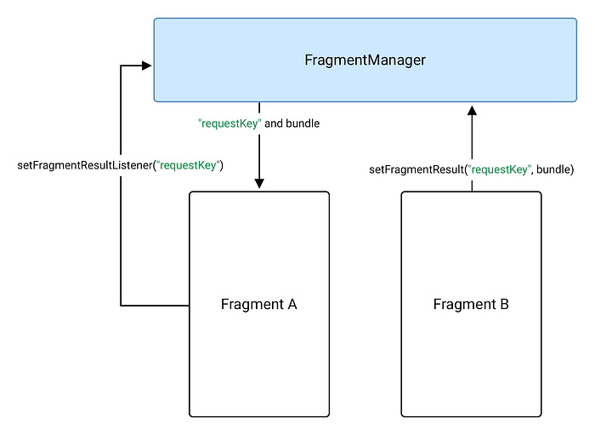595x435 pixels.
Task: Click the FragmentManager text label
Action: click(x=365, y=60)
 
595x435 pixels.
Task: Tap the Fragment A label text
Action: click(x=258, y=304)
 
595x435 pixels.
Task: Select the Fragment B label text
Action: click(x=471, y=304)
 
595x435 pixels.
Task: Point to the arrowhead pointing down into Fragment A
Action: click(x=259, y=183)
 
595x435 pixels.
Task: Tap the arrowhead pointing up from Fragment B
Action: click(x=472, y=110)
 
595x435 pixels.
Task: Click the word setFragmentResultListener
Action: click(x=84, y=164)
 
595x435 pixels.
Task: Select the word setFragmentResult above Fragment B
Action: click(x=416, y=169)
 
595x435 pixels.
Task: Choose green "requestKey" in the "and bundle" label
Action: click(x=229, y=123)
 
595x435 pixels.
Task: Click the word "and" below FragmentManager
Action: click(x=274, y=123)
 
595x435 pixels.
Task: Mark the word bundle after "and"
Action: click(x=303, y=123)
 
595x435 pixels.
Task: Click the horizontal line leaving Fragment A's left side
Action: click(x=155, y=305)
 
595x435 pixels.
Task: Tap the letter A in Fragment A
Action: click(x=292, y=304)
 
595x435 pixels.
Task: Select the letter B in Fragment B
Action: click(x=504, y=304)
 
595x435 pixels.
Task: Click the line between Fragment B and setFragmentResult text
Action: click(x=472, y=185)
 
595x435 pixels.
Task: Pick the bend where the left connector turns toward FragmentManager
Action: click(x=122, y=65)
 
